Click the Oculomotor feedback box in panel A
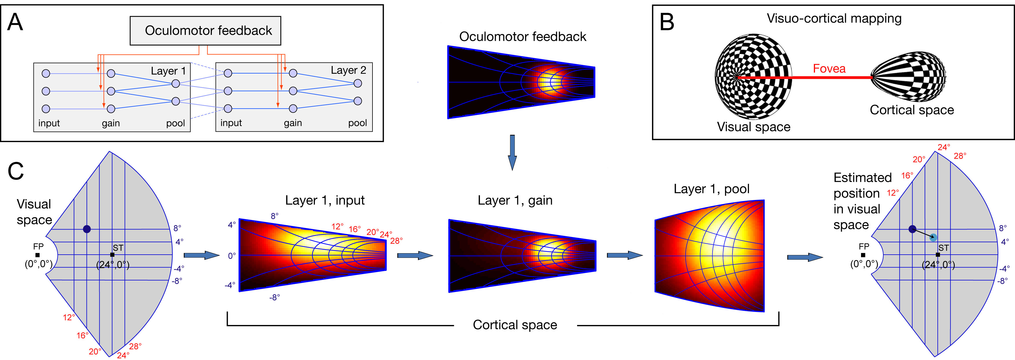[205, 31]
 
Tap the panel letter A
[15, 23]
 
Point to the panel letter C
[16, 171]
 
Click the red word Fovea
[829, 69]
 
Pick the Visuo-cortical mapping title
[834, 19]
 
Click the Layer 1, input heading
[325, 201]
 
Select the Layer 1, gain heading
[515, 201]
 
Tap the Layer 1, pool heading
[711, 189]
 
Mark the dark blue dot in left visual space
[87, 229]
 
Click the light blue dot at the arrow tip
[933, 237]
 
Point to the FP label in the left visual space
[38, 247]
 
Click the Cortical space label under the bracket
[515, 325]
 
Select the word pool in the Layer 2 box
[357, 123]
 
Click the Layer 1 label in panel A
[168, 71]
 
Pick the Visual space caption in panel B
[753, 127]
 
